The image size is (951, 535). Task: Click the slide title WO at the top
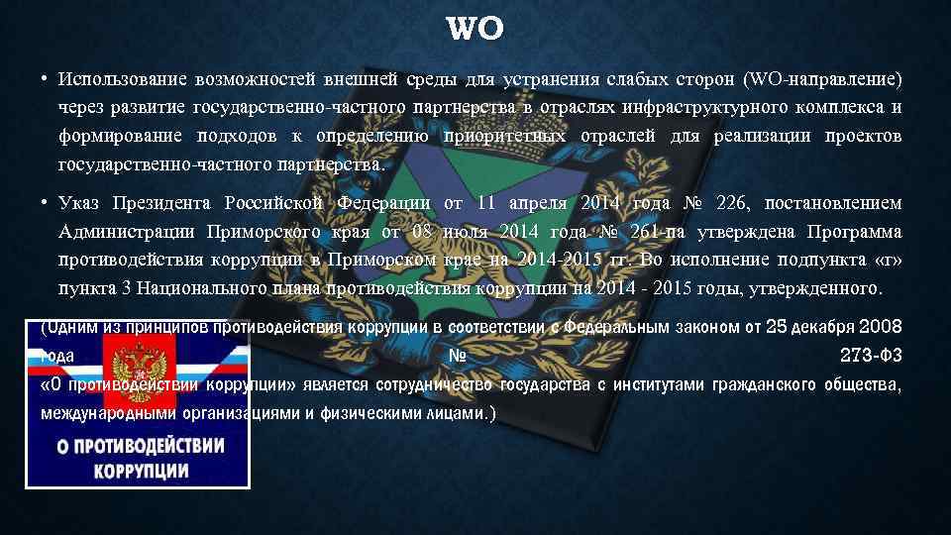pos(475,30)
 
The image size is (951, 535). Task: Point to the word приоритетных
pos(505,136)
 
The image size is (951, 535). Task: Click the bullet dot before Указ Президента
pos(46,204)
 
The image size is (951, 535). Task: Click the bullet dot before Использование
pos(46,78)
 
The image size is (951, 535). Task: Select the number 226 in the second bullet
pos(730,204)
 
